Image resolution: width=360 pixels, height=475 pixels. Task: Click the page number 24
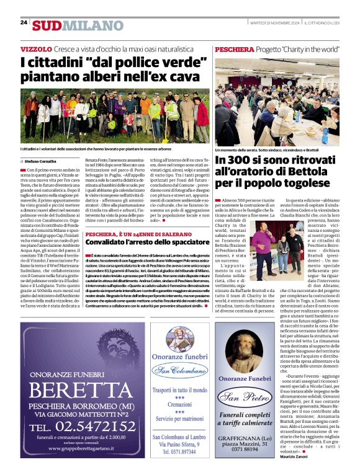point(24,22)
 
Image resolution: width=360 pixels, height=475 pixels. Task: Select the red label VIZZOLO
point(36,48)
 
